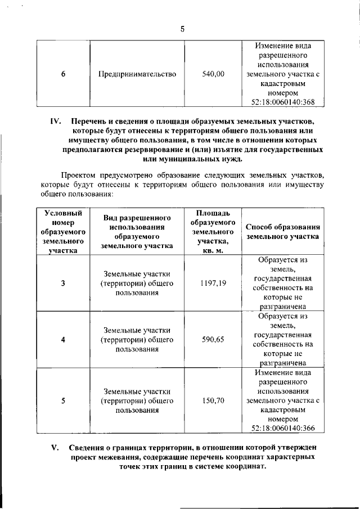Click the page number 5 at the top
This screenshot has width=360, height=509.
pyautogui.click(x=182, y=29)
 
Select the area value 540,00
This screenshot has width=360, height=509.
pyautogui.click(x=213, y=74)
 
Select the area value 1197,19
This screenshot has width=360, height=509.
pyautogui.click(x=213, y=283)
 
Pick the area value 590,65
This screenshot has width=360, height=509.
pyautogui.click(x=213, y=339)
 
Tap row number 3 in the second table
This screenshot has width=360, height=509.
pyautogui.click(x=62, y=283)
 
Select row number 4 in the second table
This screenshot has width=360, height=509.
pyautogui.click(x=62, y=339)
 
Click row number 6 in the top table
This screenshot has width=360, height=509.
pyautogui.click(x=62, y=74)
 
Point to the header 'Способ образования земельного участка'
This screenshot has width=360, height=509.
pyautogui.click(x=283, y=231)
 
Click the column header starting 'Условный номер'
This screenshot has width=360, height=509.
pyautogui.click(x=62, y=231)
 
